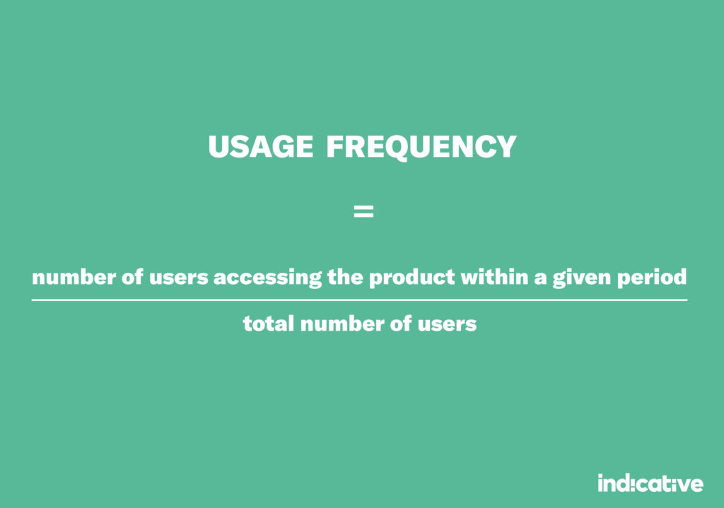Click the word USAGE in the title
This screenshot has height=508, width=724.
point(260,147)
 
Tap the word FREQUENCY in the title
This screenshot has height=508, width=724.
point(421,147)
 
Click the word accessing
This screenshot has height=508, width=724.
point(267,278)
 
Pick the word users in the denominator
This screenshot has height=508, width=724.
point(447,324)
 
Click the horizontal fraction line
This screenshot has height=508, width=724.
point(359,300)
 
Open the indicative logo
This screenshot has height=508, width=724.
point(650,483)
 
